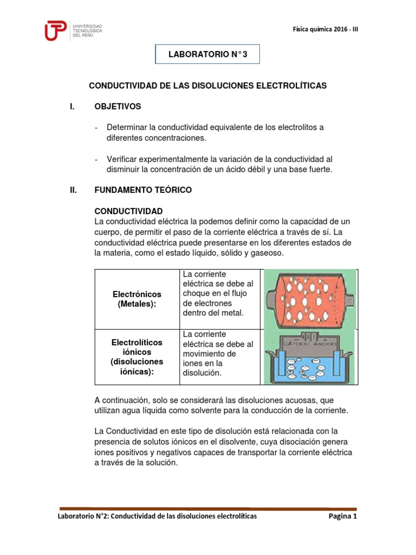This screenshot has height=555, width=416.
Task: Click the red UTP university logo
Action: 56,31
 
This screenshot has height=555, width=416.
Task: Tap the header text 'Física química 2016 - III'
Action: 324,30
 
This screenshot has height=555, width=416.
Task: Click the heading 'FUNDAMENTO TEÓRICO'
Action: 142,190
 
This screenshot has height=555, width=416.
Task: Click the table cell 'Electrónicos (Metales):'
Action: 136,299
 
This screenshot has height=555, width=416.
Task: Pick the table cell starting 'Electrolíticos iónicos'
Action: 136,357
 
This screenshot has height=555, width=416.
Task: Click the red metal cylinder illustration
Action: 309,298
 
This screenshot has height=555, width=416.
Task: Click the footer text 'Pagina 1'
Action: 343,517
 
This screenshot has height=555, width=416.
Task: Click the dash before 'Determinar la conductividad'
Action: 96,127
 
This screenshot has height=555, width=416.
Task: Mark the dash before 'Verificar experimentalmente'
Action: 96,159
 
